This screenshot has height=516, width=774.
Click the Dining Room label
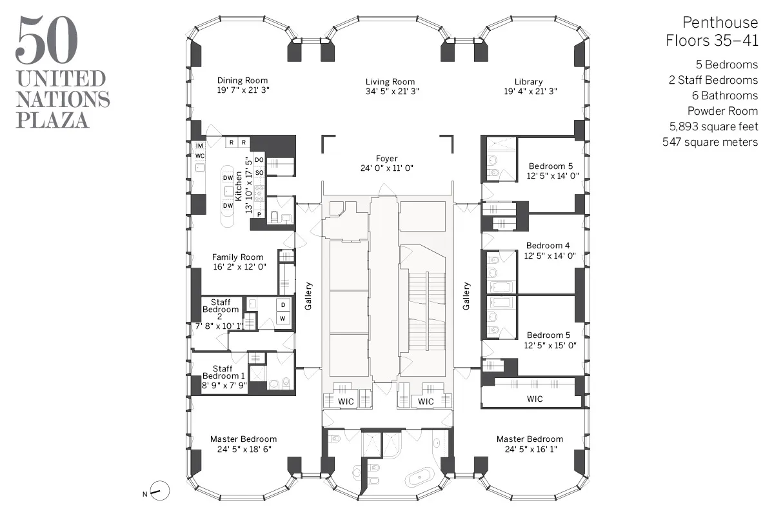(x=243, y=81)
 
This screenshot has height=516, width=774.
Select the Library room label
(x=528, y=81)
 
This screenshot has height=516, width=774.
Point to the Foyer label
(x=387, y=158)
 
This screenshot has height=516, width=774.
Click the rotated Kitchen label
(x=239, y=184)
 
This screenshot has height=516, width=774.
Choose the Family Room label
(x=237, y=257)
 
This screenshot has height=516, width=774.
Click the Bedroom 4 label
(x=548, y=246)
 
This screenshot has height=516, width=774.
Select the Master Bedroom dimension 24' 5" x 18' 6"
(x=243, y=450)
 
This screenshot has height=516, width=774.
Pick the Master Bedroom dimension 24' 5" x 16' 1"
(x=530, y=450)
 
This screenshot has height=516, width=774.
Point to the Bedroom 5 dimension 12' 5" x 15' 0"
(x=551, y=345)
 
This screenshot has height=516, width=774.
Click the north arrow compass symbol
(x=160, y=491)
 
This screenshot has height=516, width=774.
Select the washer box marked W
(x=282, y=319)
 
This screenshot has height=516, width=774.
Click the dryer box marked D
(x=282, y=305)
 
